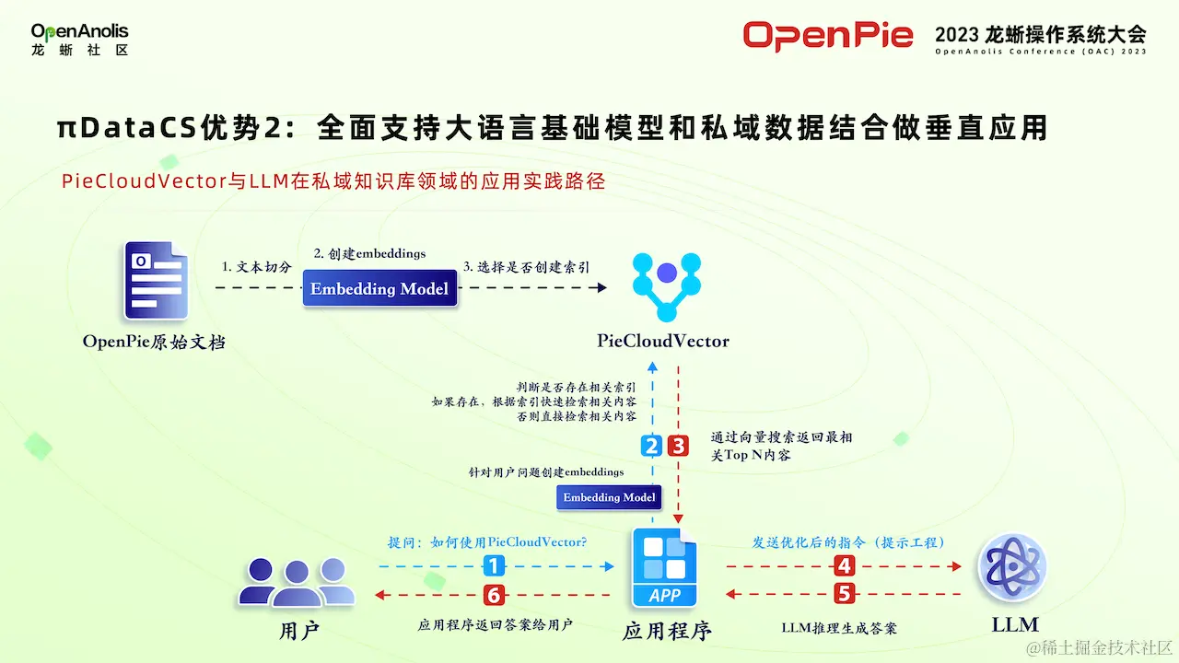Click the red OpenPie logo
(x=828, y=36)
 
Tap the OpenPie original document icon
(x=157, y=281)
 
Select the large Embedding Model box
(x=379, y=289)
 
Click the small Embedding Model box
(x=609, y=497)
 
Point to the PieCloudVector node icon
(x=667, y=286)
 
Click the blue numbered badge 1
(x=495, y=566)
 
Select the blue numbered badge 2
(x=652, y=447)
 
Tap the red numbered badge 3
(x=678, y=447)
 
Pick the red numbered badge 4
(x=844, y=566)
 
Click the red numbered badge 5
(x=844, y=593)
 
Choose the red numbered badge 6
(x=495, y=595)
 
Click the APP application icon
(x=665, y=567)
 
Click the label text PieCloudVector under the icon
(x=663, y=342)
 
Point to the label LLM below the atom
(x=1015, y=624)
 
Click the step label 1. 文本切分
(x=257, y=267)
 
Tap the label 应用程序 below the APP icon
(x=667, y=631)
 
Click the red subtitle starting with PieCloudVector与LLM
(x=333, y=181)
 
